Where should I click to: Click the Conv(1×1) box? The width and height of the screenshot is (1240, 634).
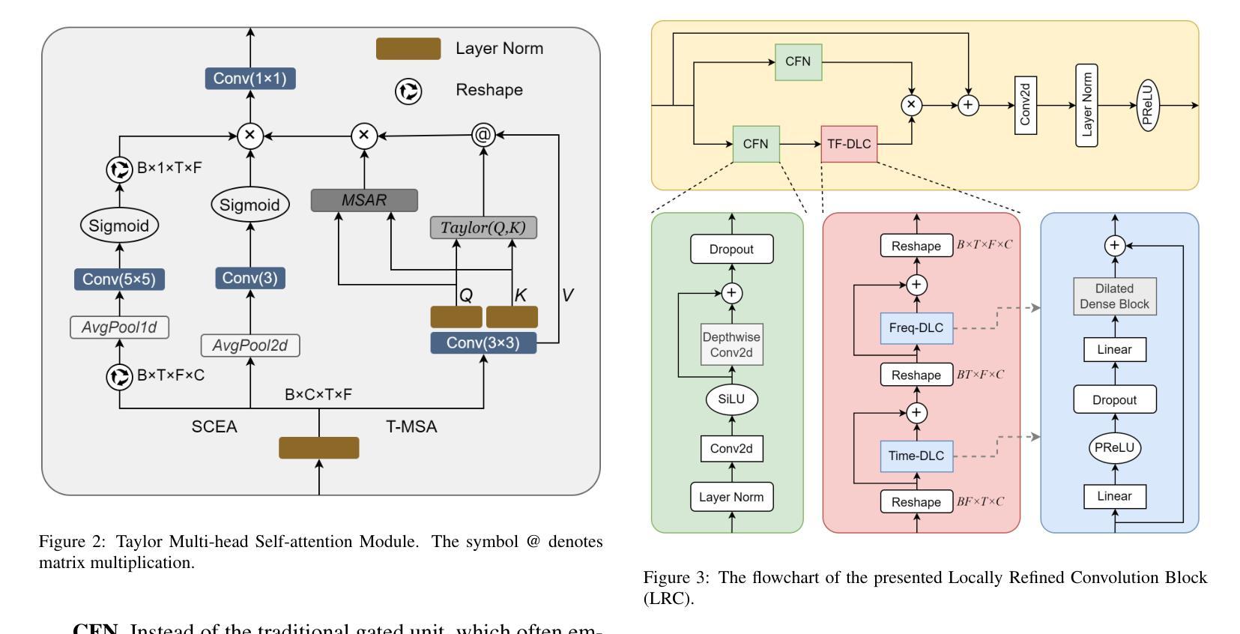(x=250, y=79)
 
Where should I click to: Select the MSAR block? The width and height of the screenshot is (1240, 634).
(x=364, y=200)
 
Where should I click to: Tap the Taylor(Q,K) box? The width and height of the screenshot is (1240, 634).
(x=483, y=228)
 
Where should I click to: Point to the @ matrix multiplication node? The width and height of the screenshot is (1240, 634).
(x=483, y=136)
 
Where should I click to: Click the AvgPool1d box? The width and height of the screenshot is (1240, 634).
(x=119, y=327)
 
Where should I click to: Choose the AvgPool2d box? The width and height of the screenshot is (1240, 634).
(x=250, y=345)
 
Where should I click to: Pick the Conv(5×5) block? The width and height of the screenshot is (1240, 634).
(x=119, y=280)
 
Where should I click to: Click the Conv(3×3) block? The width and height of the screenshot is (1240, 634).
(x=483, y=343)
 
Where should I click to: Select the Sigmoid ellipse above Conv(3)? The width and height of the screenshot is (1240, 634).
(x=250, y=205)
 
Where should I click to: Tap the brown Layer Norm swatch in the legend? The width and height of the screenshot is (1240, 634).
(x=408, y=49)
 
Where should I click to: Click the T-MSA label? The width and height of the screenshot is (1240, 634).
(x=411, y=427)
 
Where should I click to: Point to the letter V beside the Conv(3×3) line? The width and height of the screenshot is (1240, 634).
(x=567, y=295)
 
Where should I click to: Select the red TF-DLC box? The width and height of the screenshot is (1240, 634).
(x=849, y=144)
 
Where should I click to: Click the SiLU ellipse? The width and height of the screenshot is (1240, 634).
(x=731, y=399)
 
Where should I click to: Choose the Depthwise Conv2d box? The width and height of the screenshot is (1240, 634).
(x=731, y=345)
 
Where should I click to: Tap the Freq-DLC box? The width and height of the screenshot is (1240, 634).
(x=916, y=328)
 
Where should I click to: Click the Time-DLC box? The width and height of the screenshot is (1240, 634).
(x=916, y=456)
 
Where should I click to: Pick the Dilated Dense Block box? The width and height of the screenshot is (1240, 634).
(x=1114, y=297)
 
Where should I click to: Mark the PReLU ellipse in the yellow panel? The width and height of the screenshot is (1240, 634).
(x=1149, y=106)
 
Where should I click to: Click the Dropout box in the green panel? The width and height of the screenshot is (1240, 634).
(x=731, y=250)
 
